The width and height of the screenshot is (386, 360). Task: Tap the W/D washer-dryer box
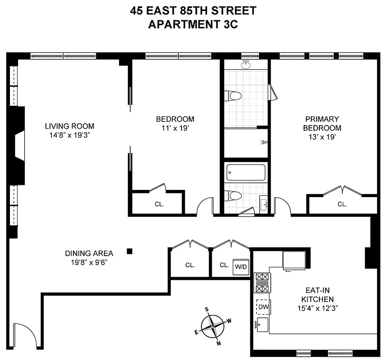[x=241, y=266]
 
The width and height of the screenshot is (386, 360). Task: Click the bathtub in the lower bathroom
[x=246, y=172]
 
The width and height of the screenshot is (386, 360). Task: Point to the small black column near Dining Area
[x=130, y=251]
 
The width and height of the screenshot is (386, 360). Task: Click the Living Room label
[x=69, y=126]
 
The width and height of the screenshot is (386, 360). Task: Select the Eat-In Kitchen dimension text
[x=314, y=308]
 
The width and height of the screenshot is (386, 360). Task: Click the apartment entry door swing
[x=23, y=333]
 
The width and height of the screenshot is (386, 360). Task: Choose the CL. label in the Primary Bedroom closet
[x=342, y=204]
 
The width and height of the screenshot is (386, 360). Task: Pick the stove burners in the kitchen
[x=262, y=283]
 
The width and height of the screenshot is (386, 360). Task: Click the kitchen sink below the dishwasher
[x=262, y=323]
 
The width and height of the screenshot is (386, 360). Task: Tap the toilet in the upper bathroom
[x=234, y=96]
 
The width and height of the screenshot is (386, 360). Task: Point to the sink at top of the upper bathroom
[x=246, y=64]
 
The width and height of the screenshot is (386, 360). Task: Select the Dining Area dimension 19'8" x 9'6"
[x=89, y=262]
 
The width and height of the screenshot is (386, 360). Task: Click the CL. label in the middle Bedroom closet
[x=159, y=204]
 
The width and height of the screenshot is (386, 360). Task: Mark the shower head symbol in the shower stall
[x=263, y=142]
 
